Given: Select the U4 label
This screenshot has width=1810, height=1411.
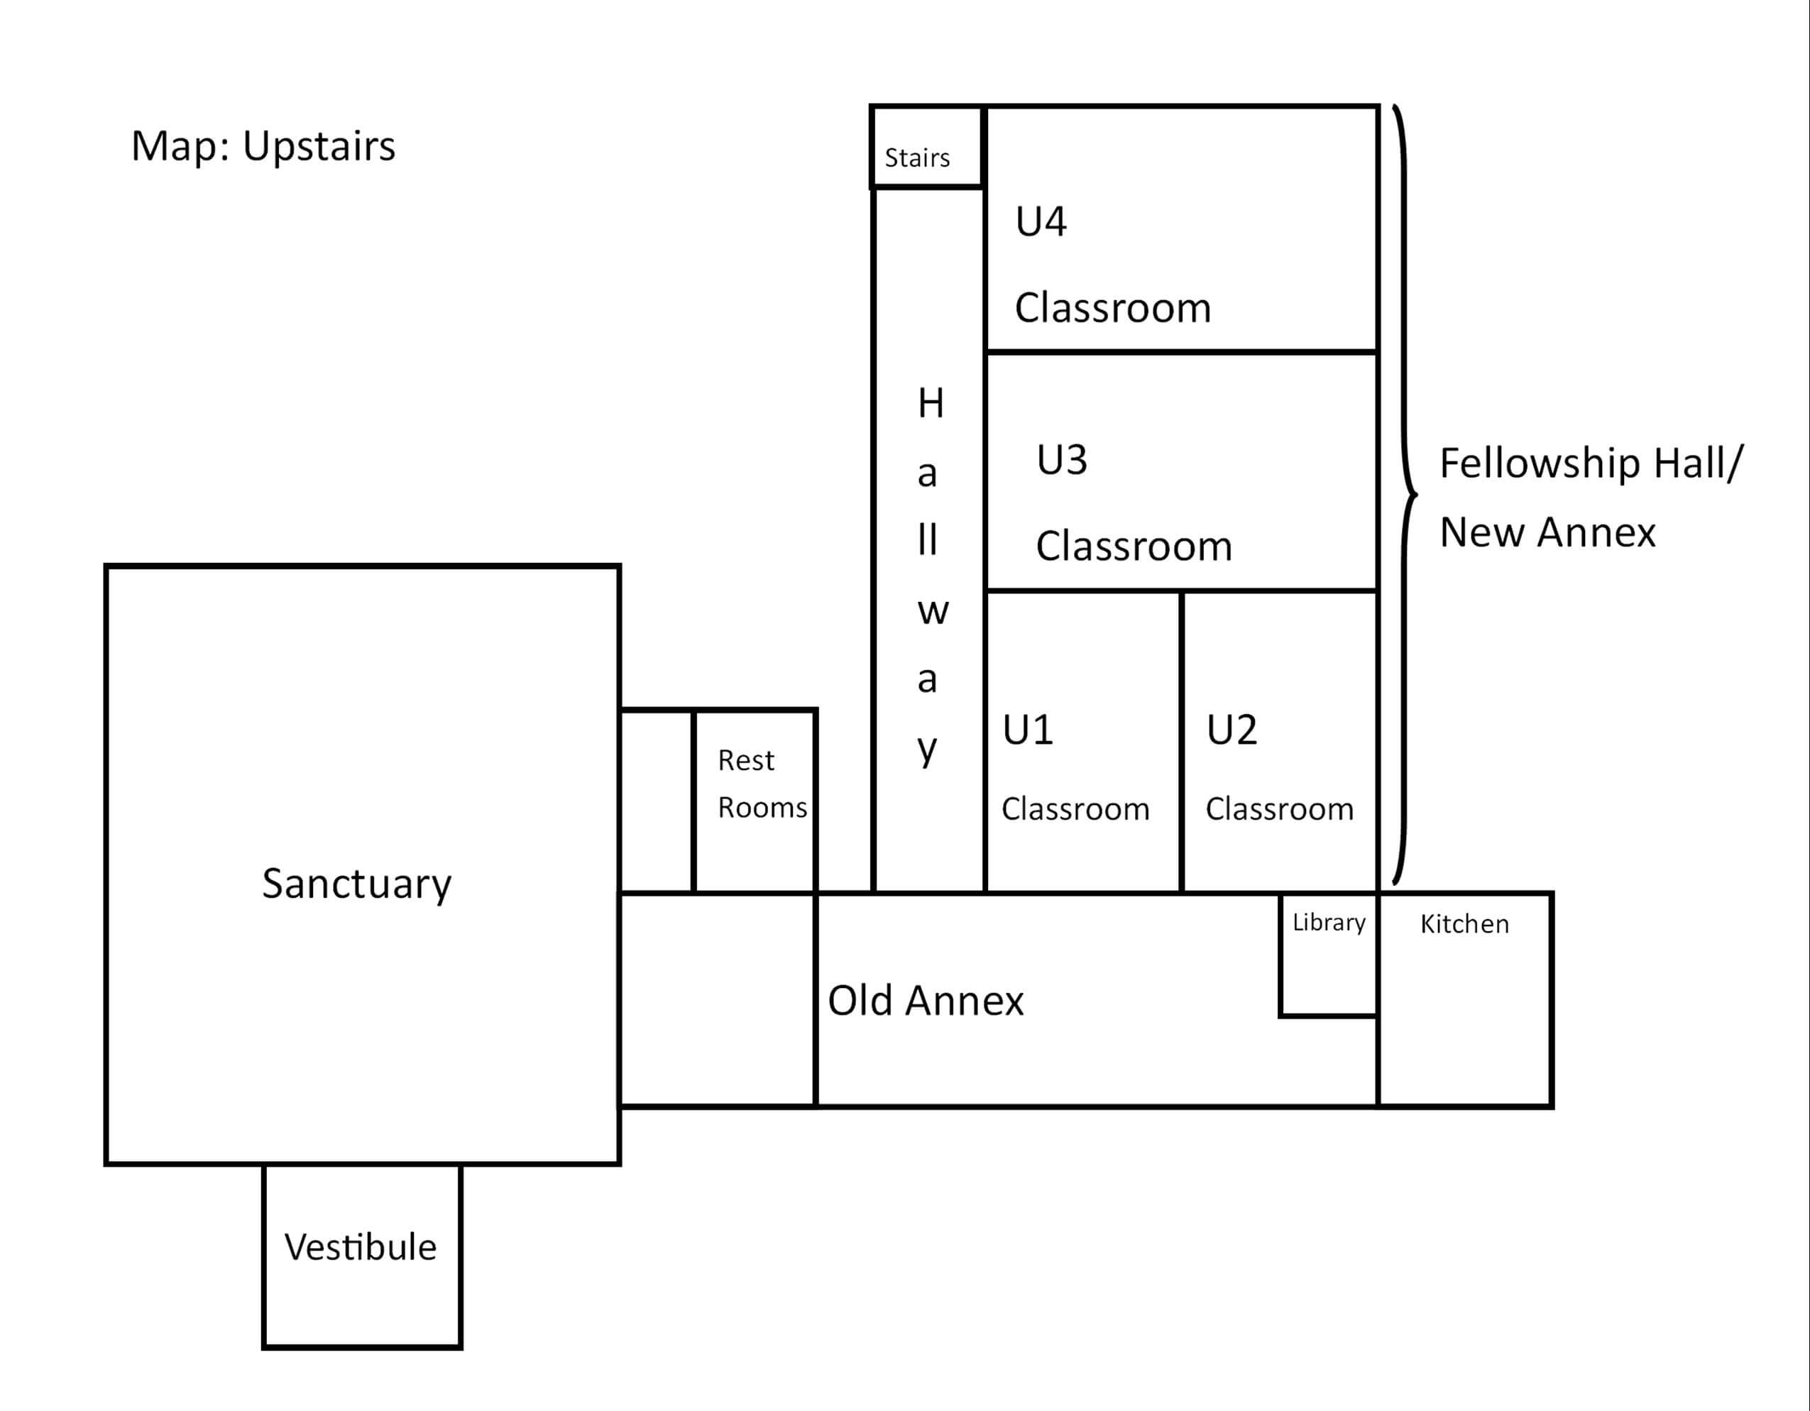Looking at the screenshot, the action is [x=1041, y=221].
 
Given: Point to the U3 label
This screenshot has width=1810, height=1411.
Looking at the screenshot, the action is [x=1062, y=460].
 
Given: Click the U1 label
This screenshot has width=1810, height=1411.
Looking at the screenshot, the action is [x=1028, y=730].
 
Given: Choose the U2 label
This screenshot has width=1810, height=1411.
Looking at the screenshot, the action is [x=1232, y=730].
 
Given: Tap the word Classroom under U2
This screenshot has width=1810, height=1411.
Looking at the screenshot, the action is [x=1280, y=808].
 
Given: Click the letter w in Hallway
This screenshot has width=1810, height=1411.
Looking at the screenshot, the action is [x=933, y=613].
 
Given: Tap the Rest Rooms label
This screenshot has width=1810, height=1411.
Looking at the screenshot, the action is [x=762, y=784].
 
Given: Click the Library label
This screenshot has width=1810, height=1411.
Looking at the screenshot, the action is [x=1329, y=922].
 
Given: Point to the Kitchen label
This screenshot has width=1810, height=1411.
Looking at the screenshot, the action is [x=1464, y=924].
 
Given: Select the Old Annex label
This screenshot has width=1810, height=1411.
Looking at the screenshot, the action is [x=926, y=1000].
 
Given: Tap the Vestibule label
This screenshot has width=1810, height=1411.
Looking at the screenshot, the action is [x=361, y=1247].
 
